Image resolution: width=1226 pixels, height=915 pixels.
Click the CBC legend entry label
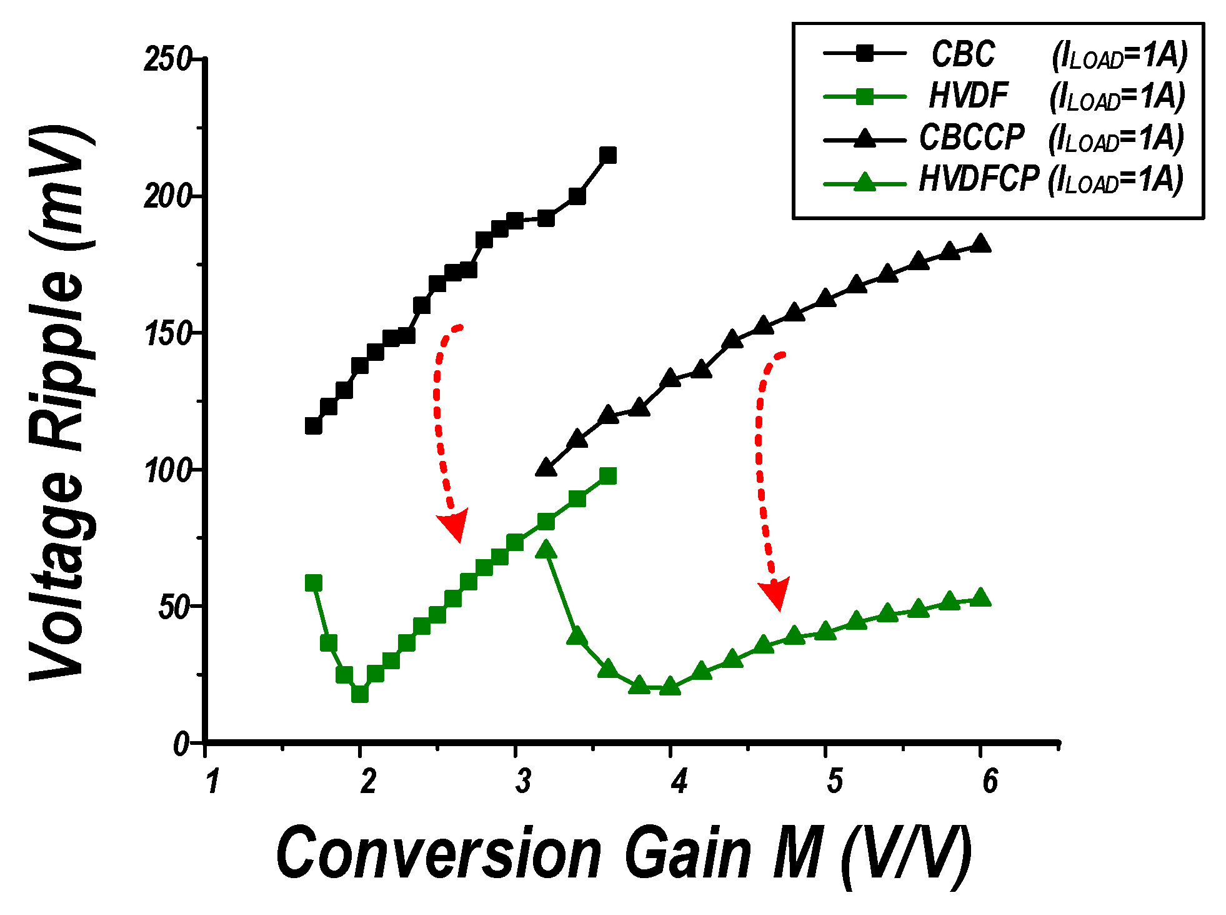(963, 54)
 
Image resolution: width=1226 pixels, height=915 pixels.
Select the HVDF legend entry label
(968, 96)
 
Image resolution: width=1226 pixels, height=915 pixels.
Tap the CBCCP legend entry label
(972, 138)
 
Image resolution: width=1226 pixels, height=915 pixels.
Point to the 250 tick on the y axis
(167, 60)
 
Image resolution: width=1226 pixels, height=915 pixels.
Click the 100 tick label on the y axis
(167, 470)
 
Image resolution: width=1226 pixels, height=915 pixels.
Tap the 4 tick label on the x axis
(679, 781)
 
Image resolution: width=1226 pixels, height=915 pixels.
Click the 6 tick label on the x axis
(990, 781)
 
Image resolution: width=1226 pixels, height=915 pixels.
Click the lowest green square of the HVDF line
(360, 694)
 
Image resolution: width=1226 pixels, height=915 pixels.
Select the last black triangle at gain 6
(980, 243)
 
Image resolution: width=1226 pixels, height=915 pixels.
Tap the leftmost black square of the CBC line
(314, 426)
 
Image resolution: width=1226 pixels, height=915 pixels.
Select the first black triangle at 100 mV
(546, 468)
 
